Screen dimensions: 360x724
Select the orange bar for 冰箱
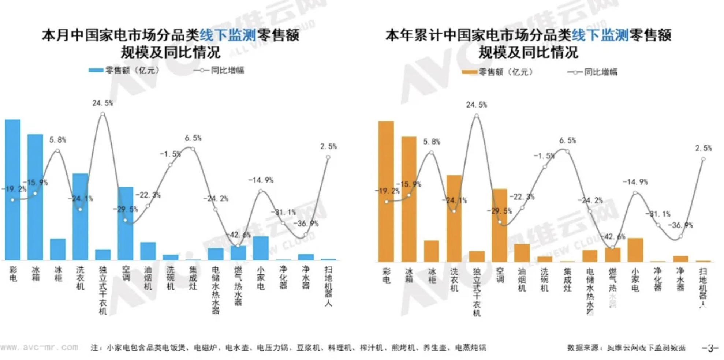pyautogui.click(x=409, y=199)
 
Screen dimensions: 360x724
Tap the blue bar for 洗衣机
pyautogui.click(x=80, y=217)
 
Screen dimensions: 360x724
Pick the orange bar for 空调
pyautogui.click(x=499, y=225)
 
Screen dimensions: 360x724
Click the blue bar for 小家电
pyautogui.click(x=261, y=248)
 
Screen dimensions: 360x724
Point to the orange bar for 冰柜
pyautogui.click(x=432, y=251)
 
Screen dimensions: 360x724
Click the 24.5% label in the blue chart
pyautogui.click(x=102, y=103)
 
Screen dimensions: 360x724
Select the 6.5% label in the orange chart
pyautogui.click(x=567, y=140)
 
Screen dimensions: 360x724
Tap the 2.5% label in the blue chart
pyautogui.click(x=328, y=146)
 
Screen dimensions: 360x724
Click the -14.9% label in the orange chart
pyautogui.click(x=635, y=182)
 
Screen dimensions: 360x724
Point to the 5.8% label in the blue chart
pyautogui.click(x=58, y=140)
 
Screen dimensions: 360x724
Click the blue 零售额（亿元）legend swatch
pyautogui.click(x=96, y=70)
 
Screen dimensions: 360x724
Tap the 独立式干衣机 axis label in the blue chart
pyautogui.click(x=103, y=290)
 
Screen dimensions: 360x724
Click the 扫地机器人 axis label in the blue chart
pyautogui.click(x=328, y=286)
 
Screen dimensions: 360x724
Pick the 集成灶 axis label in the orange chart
pyautogui.click(x=567, y=280)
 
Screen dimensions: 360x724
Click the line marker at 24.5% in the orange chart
pyautogui.click(x=477, y=116)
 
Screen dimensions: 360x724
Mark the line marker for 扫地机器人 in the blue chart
pyautogui.click(x=328, y=157)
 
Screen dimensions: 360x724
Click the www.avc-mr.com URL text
pyautogui.click(x=39, y=347)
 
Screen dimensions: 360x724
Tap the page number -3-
pyautogui.click(x=710, y=348)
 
